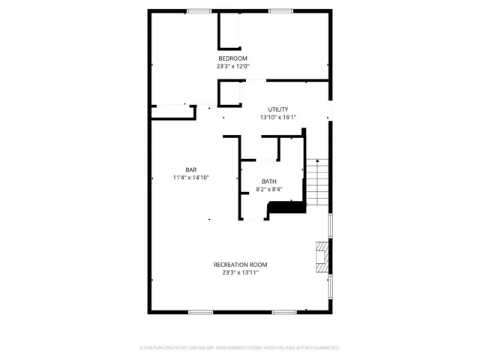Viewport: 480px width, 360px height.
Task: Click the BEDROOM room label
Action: tap(232, 58)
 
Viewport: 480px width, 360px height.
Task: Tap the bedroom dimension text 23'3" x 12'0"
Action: tap(232, 66)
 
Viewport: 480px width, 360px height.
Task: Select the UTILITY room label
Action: tap(278, 109)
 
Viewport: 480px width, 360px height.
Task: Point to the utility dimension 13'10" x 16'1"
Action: tap(278, 117)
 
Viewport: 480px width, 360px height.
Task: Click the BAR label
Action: tap(191, 169)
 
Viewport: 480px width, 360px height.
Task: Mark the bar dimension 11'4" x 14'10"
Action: tap(190, 178)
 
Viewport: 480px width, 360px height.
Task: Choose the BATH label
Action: tap(268, 181)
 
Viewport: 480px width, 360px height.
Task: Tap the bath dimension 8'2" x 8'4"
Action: tap(268, 189)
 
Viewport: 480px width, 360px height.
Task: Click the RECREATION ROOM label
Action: tap(240, 265)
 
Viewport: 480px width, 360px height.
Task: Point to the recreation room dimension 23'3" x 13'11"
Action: tap(240, 273)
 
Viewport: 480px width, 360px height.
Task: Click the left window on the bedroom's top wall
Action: tap(199, 10)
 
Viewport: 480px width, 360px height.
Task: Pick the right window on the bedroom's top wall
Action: tap(281, 10)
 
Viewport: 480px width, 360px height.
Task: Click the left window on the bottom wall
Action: tap(200, 311)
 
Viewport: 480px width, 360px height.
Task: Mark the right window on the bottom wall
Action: tap(283, 311)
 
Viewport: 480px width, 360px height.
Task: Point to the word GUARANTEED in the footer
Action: tap(324, 348)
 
